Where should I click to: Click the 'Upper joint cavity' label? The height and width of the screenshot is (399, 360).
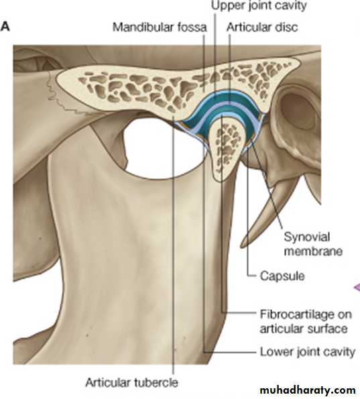click(259, 5)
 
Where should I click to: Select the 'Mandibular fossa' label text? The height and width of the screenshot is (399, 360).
click(160, 27)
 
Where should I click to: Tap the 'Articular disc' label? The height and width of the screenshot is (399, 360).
click(262, 27)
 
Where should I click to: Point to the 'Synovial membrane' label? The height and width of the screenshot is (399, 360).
click(313, 244)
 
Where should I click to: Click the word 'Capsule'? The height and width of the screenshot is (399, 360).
click(282, 276)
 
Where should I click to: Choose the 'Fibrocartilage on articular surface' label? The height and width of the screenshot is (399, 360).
click(306, 321)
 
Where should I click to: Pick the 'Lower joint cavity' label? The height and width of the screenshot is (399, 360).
click(307, 352)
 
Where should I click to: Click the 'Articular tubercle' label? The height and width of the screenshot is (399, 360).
click(131, 382)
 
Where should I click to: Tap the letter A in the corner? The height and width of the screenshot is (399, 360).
click(5, 26)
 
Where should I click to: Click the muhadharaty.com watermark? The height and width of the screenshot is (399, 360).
click(308, 390)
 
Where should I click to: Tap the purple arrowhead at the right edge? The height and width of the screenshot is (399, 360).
click(357, 287)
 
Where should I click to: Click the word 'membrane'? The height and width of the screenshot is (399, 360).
click(313, 251)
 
